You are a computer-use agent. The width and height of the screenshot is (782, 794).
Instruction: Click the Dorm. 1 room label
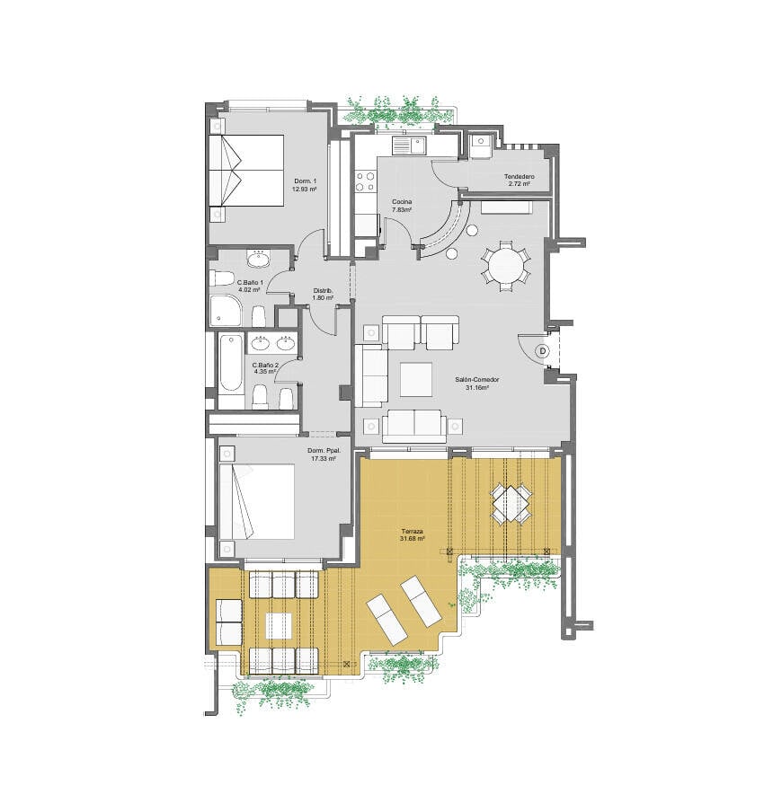coord(305,181)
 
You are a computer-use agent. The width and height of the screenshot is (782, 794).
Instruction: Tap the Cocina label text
coord(402,201)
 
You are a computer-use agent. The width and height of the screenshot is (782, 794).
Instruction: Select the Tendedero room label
coord(519,177)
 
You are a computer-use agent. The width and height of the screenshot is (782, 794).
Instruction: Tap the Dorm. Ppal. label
coord(324,451)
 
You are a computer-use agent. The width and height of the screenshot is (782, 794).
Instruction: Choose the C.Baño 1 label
coord(251,283)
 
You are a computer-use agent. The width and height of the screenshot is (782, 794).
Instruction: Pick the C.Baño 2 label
coord(265,365)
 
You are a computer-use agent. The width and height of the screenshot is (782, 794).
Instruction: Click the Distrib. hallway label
coord(323,291)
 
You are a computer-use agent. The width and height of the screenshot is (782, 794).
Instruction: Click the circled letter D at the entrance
coord(543,351)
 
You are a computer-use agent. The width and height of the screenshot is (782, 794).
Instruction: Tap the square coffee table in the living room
coord(416,380)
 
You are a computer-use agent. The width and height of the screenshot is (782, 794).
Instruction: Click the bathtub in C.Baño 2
coord(231,364)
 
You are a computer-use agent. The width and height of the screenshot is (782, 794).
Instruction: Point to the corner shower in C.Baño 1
coord(226,311)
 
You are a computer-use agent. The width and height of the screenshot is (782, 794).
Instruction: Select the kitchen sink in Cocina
coord(410,146)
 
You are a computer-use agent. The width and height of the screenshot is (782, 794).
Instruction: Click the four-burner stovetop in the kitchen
coord(366,182)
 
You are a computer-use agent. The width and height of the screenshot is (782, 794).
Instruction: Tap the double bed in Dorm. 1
coord(246,171)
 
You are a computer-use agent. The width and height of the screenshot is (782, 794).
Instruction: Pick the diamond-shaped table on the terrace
coord(511,503)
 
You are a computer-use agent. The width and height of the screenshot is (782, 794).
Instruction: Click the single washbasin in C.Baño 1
coord(259,260)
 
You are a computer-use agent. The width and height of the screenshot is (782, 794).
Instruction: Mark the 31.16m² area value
coord(477,388)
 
